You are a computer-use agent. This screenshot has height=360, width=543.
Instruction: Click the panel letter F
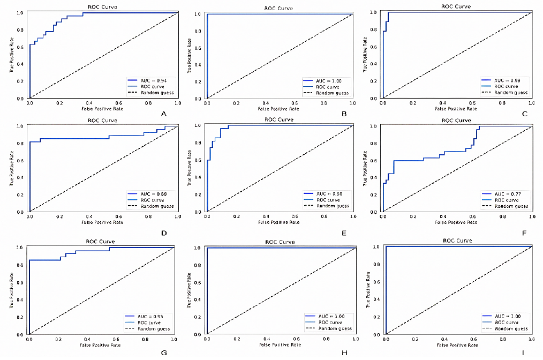pyautogui.click(x=524, y=233)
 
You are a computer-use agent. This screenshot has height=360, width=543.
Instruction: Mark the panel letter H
pyautogui.click(x=344, y=352)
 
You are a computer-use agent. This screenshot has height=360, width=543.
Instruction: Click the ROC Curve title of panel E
pyautogui.click(x=279, y=119)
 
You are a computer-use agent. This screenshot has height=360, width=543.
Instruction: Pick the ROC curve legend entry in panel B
pyautogui.click(x=328, y=86)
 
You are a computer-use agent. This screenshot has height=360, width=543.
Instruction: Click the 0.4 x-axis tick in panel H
pyautogui.click(x=266, y=340)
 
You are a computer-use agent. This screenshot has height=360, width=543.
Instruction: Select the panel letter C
pyautogui.click(x=525, y=114)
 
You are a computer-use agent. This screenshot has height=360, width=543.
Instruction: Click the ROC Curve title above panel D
pyautogui.click(x=102, y=121)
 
